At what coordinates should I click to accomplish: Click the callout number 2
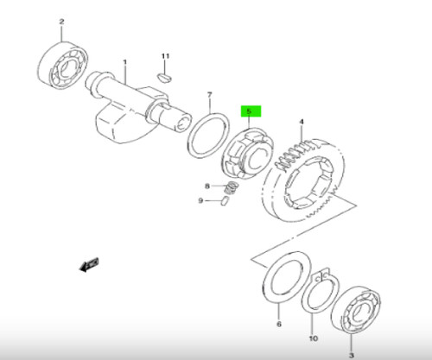(x=61, y=22)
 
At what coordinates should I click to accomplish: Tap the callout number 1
(x=124, y=62)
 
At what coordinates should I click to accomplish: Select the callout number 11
(x=165, y=56)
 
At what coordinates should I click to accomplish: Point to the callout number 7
(x=209, y=95)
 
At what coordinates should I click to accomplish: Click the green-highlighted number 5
(x=250, y=111)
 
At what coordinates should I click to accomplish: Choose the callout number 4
(x=302, y=122)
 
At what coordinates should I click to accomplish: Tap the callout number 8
(x=207, y=186)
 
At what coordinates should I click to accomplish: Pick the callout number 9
(x=200, y=200)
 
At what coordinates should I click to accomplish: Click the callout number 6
(x=279, y=324)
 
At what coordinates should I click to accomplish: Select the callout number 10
(x=314, y=338)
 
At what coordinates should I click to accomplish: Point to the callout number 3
(x=352, y=356)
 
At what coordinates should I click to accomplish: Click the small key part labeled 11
(x=165, y=78)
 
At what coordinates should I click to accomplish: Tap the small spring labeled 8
(x=232, y=188)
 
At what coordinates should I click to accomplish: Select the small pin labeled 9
(x=225, y=201)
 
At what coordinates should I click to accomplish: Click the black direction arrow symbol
(x=89, y=264)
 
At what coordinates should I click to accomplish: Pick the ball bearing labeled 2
(x=63, y=65)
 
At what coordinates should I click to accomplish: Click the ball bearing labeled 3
(x=356, y=308)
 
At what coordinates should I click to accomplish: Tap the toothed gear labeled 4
(x=303, y=180)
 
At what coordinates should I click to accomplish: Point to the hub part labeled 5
(x=248, y=154)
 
